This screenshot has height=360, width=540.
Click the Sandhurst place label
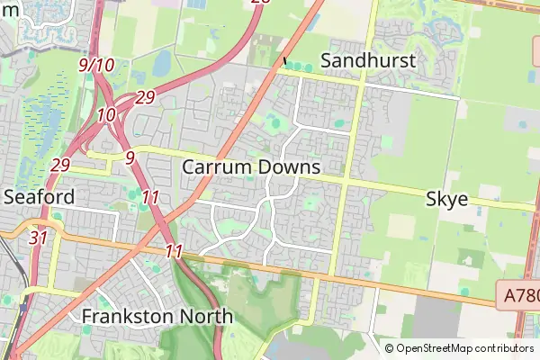(x=369, y=61)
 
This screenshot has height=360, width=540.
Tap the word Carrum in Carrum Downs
(x=215, y=167)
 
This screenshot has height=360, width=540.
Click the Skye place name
(x=446, y=199)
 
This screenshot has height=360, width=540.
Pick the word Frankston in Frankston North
(x=131, y=317)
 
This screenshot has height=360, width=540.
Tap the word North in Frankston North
(x=209, y=317)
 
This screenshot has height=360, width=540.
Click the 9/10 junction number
(x=96, y=65)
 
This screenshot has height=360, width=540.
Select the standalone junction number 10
(x=106, y=115)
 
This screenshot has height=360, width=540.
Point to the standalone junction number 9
(x=130, y=157)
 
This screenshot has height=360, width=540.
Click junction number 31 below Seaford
(x=38, y=238)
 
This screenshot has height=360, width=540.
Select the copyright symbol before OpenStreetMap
(x=390, y=348)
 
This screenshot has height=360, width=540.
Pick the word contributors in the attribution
(x=505, y=348)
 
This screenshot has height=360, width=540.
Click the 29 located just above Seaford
(x=61, y=165)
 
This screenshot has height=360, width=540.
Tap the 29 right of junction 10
(x=146, y=97)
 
